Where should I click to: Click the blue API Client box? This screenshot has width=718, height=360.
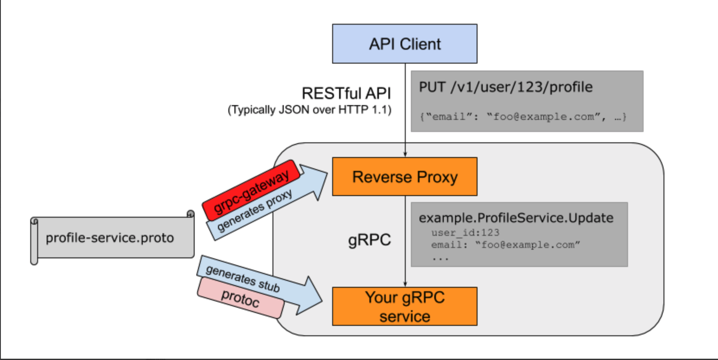coord(404,44)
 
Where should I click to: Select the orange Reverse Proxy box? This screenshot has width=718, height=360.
coord(404,177)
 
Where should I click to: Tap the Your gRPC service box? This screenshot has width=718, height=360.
coord(404,306)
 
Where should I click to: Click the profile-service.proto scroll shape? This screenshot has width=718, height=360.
coord(110,238)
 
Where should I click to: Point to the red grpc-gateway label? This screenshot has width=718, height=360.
coord(251,190)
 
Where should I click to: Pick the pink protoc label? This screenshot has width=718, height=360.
coord(240,298)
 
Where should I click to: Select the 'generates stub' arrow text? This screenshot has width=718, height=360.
coord(242,278)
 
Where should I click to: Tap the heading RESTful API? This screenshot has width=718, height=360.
coord(346,93)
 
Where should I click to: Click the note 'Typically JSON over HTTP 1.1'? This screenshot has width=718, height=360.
coord(310,110)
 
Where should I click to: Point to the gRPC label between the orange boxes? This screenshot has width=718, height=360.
coord(369,240)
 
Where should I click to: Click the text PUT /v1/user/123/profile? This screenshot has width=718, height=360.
coord(506,87)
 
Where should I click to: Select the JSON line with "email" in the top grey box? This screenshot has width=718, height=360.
coord(522,116)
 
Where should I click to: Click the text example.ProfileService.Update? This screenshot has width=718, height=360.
coord(516,218)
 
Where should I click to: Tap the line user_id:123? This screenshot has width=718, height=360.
coord(465,233)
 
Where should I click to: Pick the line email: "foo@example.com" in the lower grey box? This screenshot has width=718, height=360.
coord(505,245)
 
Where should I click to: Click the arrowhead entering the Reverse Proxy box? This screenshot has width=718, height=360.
coord(405,154)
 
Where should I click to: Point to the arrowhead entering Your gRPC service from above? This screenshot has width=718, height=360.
coord(405,284)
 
